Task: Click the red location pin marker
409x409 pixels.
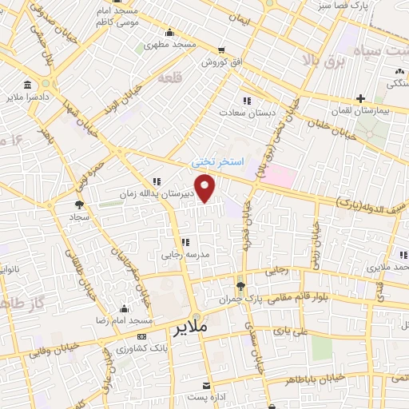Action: point(206,189)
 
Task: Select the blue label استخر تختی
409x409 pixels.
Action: point(215,161)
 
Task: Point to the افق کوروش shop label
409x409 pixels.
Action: point(227,62)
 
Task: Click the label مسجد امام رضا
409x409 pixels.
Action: point(124,320)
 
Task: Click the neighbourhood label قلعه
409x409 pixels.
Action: point(170,78)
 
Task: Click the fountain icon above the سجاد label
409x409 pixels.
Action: point(78,204)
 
